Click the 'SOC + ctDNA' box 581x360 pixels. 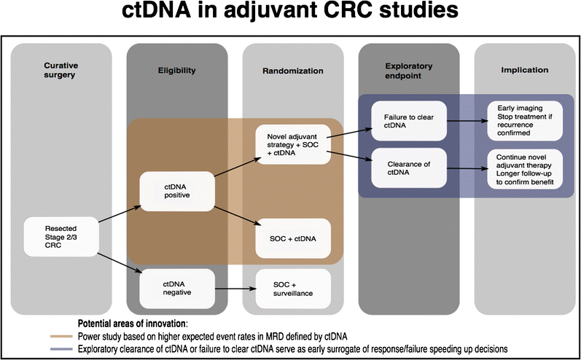[292, 238]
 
